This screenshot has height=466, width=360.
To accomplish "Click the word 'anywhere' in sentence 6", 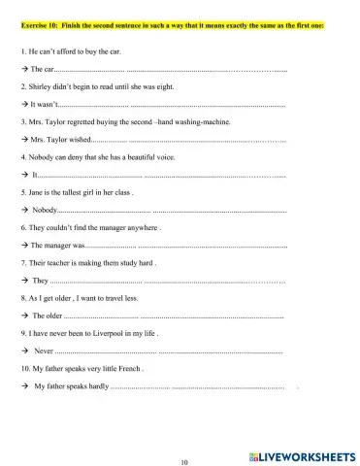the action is (x=136, y=227).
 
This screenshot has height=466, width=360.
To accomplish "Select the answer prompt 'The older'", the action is (x=48, y=316).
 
